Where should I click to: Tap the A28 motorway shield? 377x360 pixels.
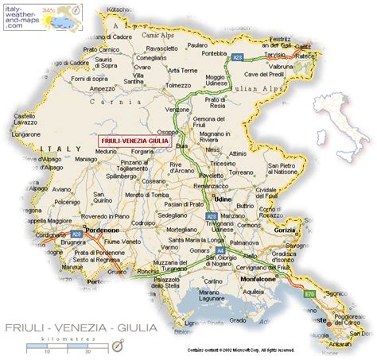click(x=76, y=234)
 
